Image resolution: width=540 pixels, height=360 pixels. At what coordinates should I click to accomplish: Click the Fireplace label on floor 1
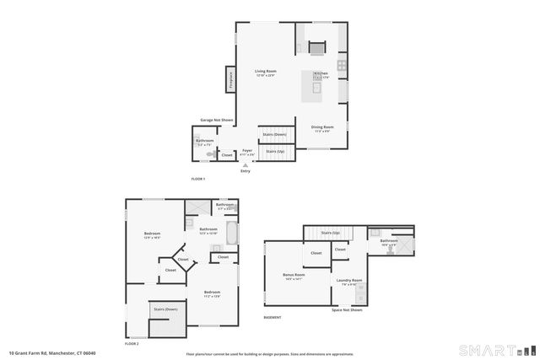tap(229, 78)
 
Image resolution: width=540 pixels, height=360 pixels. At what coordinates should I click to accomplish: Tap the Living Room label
tap(266, 73)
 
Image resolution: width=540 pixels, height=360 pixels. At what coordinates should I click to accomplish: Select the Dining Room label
tap(323, 128)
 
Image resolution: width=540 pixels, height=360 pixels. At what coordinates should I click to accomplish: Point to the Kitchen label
tap(321, 75)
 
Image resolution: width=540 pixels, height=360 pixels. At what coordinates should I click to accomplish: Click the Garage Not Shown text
tap(216, 121)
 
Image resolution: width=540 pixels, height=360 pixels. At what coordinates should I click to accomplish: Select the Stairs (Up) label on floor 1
tap(275, 151)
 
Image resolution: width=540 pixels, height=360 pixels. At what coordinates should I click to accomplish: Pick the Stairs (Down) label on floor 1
tap(274, 134)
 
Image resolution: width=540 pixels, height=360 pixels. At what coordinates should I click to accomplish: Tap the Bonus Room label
tap(294, 276)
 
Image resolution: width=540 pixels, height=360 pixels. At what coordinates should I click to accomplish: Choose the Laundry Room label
tap(349, 281)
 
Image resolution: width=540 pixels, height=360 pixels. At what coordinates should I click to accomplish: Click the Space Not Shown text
tap(347, 309)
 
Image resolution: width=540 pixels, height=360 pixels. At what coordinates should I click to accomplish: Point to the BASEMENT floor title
tap(273, 318)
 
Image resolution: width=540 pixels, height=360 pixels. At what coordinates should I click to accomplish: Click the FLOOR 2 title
tap(131, 343)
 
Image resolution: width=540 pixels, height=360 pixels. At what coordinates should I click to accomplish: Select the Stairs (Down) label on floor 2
tap(165, 309)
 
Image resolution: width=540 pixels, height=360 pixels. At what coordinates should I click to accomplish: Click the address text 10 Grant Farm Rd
tap(48, 352)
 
